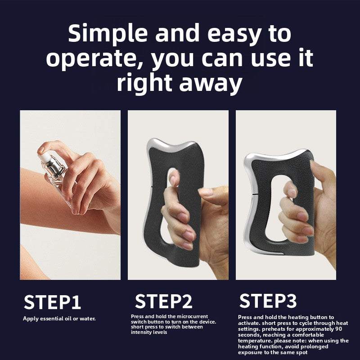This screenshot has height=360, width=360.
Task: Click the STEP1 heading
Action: (x=52, y=302)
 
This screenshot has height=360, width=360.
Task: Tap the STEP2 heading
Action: (x=163, y=301)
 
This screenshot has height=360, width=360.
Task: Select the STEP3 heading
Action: (x=268, y=301)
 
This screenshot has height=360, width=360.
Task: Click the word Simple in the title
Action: (x=108, y=33)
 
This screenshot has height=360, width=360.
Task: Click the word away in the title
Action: (x=211, y=83)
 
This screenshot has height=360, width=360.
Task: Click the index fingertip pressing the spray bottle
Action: (x=41, y=149)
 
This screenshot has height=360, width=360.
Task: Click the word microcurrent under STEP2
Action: (x=192, y=316)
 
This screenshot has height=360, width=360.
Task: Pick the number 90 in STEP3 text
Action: (x=338, y=329)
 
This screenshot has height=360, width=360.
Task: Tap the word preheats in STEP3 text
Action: (x=272, y=329)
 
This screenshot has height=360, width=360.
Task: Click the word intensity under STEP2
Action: (x=141, y=332)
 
